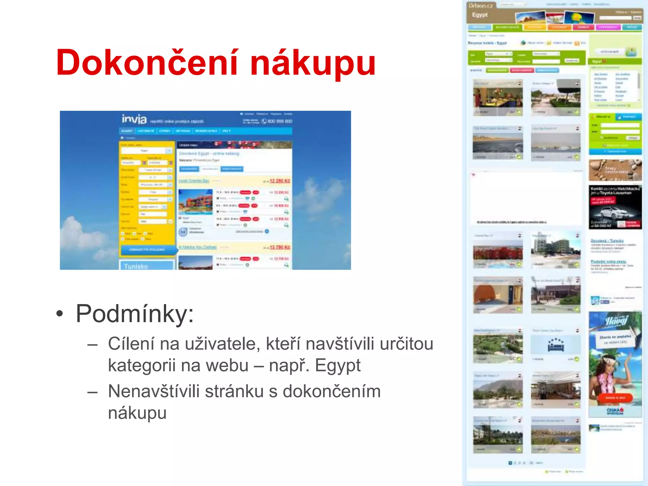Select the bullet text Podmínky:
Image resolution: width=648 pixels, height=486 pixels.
tap(134, 314)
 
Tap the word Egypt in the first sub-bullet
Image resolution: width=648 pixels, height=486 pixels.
tap(337, 366)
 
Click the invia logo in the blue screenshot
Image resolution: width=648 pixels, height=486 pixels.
tap(134, 119)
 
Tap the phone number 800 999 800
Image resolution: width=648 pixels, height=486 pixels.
tap(280, 121)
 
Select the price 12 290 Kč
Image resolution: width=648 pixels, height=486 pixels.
tap(280, 181)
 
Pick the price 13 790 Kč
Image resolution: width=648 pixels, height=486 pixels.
tap(280, 247)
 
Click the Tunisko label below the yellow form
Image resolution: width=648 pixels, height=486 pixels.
tap(136, 266)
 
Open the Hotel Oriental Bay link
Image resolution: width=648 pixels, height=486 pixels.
tap(194, 181)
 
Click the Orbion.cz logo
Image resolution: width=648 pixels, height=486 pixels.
tap(481, 6)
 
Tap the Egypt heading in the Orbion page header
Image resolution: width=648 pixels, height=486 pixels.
tap(480, 15)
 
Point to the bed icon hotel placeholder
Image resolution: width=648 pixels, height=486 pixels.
tap(556, 345)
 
